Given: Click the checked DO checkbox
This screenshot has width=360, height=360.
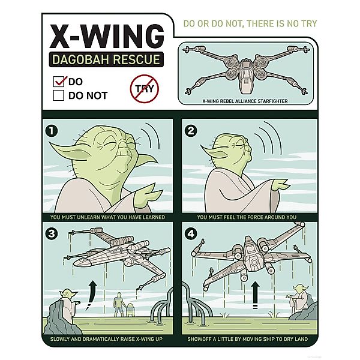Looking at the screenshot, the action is [59, 82].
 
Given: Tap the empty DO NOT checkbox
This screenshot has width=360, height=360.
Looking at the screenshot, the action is [59, 95].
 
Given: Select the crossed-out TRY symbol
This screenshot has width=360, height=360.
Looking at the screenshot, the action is [145, 89].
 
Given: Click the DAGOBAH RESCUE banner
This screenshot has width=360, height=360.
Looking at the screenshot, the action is [106, 59].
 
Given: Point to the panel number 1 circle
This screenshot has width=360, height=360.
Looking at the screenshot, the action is [52, 131].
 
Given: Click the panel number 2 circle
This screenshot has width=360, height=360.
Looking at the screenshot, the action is [191, 131].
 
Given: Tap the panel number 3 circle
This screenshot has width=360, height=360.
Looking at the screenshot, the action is [52, 234].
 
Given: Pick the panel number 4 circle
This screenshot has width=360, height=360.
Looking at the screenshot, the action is [191, 234].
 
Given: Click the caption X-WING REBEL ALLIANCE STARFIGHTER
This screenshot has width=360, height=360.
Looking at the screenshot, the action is [245, 101].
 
